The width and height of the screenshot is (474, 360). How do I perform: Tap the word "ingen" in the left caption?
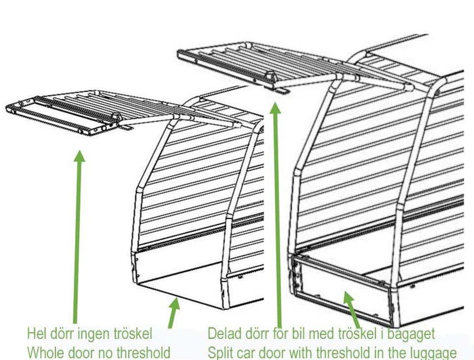click(x=94, y=335)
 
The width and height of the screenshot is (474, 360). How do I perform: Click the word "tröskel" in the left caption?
click(x=133, y=334)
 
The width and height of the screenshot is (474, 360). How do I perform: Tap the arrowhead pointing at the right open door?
click(x=275, y=108)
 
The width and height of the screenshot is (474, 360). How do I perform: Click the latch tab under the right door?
click(x=282, y=90)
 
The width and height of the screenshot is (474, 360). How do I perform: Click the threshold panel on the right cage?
click(x=342, y=293)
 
